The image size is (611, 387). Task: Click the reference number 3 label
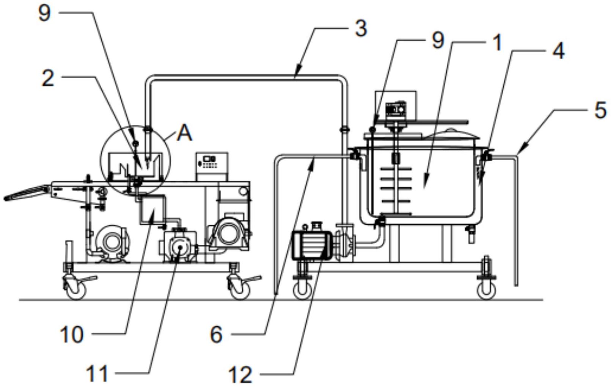click(361, 28)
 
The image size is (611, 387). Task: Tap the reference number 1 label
click(497, 42)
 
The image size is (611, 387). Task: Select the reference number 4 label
click(558, 50)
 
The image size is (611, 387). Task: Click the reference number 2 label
click(48, 79)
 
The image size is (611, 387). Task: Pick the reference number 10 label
click(72, 335)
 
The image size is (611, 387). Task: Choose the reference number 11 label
click(97, 374)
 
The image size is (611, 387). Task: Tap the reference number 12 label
click(240, 375)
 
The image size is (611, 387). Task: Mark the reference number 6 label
click(216, 335)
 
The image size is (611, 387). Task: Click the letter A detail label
click(185, 134)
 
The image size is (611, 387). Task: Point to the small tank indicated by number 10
click(152, 210)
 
